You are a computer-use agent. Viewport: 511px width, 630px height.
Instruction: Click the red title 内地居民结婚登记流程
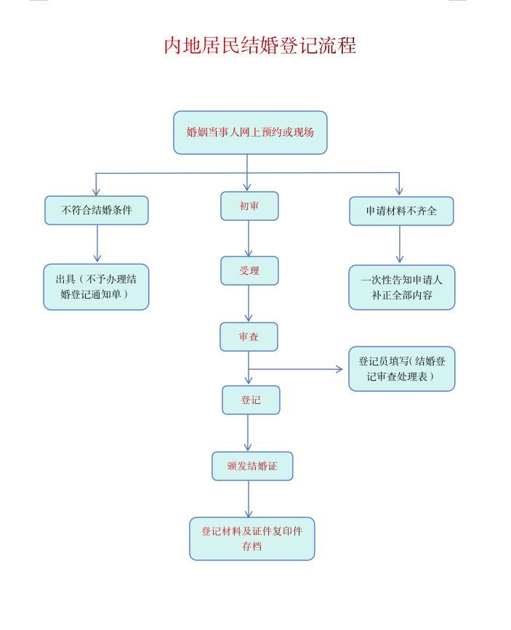[259, 46]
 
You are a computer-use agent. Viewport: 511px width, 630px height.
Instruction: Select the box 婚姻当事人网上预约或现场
[250, 132]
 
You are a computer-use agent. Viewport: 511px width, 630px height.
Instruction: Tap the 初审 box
[249, 206]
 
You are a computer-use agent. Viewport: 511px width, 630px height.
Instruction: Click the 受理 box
[249, 271]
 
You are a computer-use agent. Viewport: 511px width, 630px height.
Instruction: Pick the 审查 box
[249, 337]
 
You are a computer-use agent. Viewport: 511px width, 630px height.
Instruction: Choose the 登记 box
[251, 400]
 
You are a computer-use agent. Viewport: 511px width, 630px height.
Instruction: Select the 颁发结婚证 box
[252, 466]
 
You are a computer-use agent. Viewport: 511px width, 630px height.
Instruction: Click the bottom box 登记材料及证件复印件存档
[252, 538]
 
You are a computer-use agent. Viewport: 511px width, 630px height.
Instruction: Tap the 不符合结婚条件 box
[97, 211]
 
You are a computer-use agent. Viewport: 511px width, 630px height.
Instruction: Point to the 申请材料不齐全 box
[401, 211]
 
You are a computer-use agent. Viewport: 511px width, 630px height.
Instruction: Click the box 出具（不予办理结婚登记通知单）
[96, 287]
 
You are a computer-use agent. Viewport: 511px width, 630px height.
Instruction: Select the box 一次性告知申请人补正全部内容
[402, 288]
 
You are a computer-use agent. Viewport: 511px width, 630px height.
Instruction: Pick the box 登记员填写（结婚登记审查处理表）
[402, 368]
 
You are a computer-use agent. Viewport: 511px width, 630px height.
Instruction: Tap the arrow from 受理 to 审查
[249, 304]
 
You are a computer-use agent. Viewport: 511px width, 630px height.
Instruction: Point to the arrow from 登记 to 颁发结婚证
[249, 433]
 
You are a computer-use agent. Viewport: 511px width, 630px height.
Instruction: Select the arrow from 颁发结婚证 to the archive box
[249, 499]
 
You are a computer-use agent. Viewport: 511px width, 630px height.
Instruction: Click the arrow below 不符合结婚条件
[97, 244]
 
